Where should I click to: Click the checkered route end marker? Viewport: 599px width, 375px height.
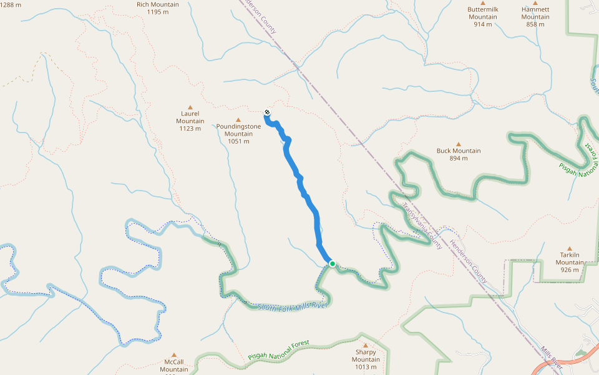[x=267, y=112]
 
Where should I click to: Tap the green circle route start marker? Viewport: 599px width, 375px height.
[x=333, y=264]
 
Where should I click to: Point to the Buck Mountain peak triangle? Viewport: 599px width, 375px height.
[x=458, y=143]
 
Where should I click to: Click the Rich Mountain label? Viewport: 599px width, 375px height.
[x=157, y=4]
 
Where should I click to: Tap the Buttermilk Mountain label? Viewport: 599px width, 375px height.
[x=483, y=13]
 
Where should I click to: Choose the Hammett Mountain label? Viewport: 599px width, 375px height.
[x=535, y=13]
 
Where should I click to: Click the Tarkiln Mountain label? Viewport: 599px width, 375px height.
[x=570, y=259]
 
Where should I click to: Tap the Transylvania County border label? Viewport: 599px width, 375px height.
[x=422, y=226]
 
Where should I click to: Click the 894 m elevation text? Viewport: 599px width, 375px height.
[x=459, y=158]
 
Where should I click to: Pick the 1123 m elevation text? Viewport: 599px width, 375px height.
[x=190, y=129]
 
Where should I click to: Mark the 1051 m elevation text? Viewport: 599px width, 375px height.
[x=238, y=141]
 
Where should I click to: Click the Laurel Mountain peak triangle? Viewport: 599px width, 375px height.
[x=190, y=107]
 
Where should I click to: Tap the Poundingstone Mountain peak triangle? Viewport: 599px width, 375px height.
[x=238, y=119]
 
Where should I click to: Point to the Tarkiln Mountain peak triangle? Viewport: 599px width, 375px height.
[x=569, y=248]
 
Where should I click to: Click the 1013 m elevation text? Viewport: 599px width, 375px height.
[x=366, y=367]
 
